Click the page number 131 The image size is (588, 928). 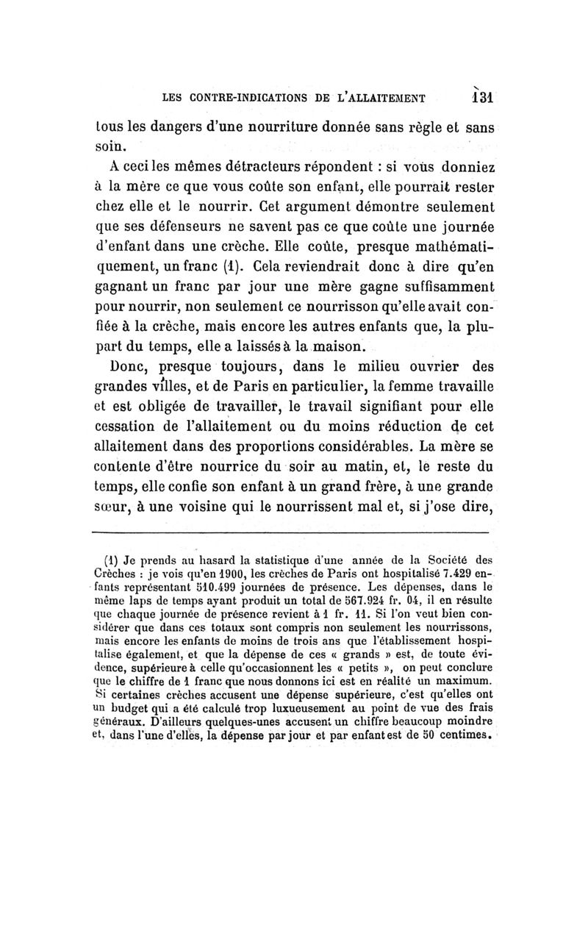click(x=482, y=97)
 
